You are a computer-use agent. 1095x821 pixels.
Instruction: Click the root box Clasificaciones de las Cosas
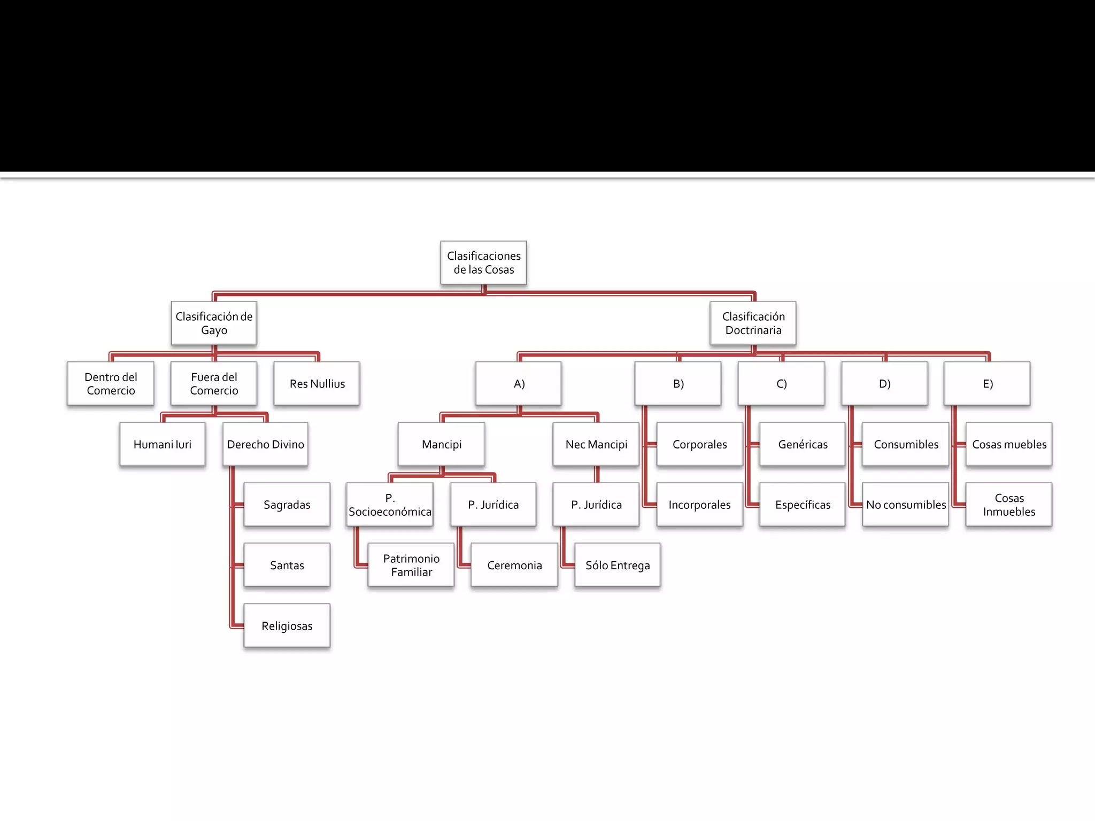point(483,262)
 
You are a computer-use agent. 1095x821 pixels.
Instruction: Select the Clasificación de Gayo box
point(214,323)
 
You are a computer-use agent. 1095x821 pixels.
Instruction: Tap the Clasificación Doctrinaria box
point(753,323)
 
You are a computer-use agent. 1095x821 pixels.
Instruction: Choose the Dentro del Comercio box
point(111,383)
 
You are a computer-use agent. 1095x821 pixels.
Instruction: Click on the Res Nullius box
point(317,383)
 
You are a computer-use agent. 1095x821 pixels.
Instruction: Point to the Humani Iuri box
point(163,444)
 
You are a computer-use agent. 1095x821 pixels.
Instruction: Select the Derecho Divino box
point(265,444)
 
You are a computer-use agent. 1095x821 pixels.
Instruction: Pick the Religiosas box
point(287,625)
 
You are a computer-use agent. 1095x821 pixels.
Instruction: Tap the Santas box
point(287,565)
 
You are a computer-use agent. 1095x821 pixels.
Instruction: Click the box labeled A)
point(519,383)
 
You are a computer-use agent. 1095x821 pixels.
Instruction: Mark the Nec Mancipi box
point(596,444)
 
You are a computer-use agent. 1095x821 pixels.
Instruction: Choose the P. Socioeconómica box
point(390,505)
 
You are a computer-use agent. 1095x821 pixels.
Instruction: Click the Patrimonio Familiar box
point(411,565)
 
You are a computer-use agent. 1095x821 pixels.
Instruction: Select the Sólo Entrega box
point(618,565)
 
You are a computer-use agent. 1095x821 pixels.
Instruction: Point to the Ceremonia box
point(514,565)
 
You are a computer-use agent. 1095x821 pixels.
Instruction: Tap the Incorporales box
point(699,505)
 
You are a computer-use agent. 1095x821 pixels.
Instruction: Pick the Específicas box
point(803,505)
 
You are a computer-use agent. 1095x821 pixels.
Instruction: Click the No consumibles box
point(906,505)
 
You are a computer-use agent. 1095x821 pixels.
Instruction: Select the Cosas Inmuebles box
point(1009,505)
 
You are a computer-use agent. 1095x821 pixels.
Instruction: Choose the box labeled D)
point(884,383)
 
